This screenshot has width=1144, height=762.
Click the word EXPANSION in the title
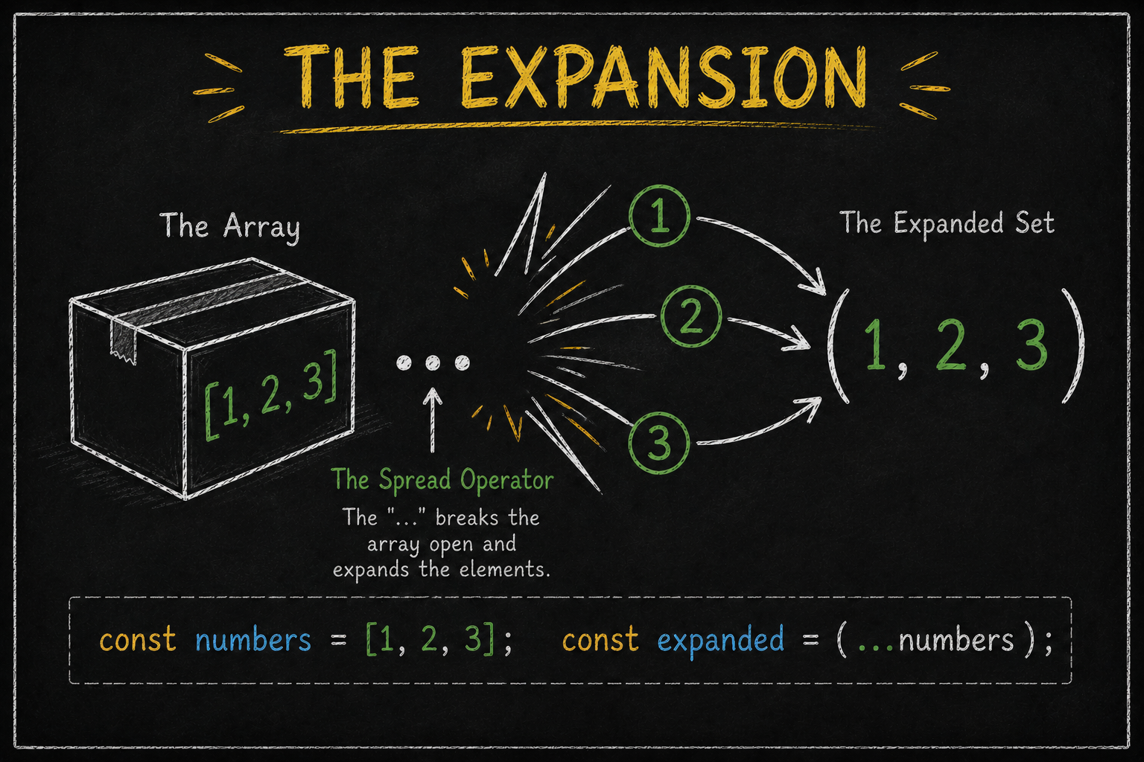[x=663, y=77]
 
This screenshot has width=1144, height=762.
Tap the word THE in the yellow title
[x=357, y=77]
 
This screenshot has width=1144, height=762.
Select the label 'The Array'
[x=229, y=225]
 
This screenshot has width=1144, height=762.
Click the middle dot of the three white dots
[x=433, y=362]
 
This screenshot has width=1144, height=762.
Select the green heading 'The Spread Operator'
[x=442, y=480]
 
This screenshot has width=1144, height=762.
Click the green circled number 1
[x=659, y=217]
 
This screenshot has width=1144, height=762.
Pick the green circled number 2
[x=691, y=316]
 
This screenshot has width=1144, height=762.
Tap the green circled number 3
[x=659, y=443]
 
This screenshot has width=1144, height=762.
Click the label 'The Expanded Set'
[x=947, y=223]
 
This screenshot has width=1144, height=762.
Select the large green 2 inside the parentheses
[x=950, y=345]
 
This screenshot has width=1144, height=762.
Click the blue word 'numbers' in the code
[x=252, y=639]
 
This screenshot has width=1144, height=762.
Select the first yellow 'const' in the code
[x=138, y=640]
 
